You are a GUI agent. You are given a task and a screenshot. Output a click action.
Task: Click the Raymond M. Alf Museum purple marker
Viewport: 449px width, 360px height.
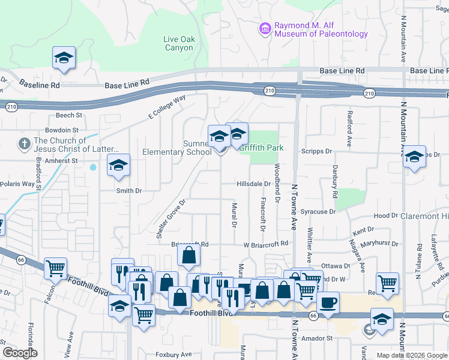264,28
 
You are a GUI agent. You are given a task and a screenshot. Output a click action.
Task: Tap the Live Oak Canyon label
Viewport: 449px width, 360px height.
179,43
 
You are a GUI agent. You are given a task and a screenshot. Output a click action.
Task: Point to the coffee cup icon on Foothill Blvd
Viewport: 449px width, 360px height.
328,303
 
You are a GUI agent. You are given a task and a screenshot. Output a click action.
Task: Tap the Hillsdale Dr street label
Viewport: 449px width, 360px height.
253,184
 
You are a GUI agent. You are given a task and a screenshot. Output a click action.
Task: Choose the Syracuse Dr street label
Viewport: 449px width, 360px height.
318,212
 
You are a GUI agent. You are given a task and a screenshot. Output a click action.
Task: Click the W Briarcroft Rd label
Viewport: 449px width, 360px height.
266,244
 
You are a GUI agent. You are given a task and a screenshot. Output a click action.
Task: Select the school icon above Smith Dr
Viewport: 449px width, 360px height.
118,165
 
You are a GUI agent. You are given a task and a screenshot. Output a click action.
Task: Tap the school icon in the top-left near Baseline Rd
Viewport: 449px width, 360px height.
64,58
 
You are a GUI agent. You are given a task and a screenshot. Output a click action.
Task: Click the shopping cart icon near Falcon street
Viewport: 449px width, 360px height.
55,269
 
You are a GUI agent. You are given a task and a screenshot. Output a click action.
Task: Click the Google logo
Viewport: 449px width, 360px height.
20,353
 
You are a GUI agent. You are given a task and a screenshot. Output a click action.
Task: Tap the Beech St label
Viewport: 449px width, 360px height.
68,115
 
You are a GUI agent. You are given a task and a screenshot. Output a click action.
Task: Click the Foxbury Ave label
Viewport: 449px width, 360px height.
173,355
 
